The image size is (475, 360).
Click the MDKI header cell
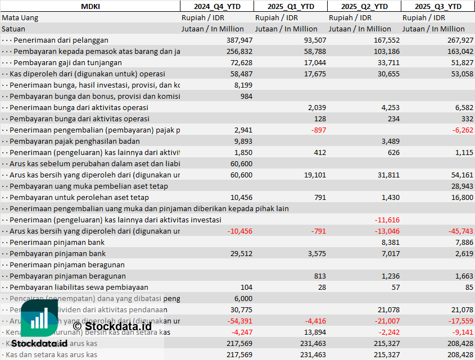(91, 6)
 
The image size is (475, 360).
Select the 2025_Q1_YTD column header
(290, 6)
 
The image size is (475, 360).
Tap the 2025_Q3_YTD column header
(438, 6)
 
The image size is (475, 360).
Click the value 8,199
(243, 85)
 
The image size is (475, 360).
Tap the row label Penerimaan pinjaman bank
(57, 242)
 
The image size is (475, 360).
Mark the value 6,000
(243, 298)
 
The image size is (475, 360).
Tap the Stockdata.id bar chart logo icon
(39, 320)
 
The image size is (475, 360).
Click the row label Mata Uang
(20, 17)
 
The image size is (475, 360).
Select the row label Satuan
(13, 29)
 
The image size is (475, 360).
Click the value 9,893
(243, 141)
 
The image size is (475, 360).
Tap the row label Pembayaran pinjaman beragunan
(67, 276)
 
